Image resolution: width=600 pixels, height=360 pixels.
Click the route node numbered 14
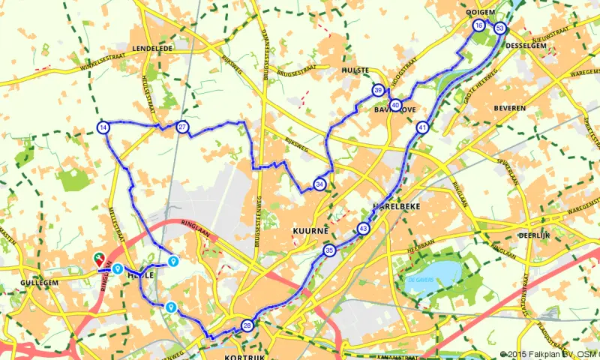tap(103, 127)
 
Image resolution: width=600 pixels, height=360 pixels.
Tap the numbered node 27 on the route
tap(182, 127)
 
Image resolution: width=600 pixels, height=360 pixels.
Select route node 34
tap(320, 184)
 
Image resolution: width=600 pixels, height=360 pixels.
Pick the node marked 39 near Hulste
tap(378, 91)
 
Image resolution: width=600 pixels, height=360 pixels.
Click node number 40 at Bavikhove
tap(395, 105)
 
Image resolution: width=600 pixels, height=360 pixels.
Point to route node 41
tap(423, 127)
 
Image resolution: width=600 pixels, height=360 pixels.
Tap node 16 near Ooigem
tap(478, 26)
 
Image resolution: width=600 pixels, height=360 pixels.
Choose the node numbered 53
tap(500, 28)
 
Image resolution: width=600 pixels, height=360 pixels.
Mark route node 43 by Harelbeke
tap(364, 229)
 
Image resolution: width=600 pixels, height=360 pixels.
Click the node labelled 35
tap(329, 250)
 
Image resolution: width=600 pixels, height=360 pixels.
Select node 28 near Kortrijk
tap(247, 325)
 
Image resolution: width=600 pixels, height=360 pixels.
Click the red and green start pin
tap(99, 259)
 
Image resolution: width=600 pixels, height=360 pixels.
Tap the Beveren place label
tap(509, 108)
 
